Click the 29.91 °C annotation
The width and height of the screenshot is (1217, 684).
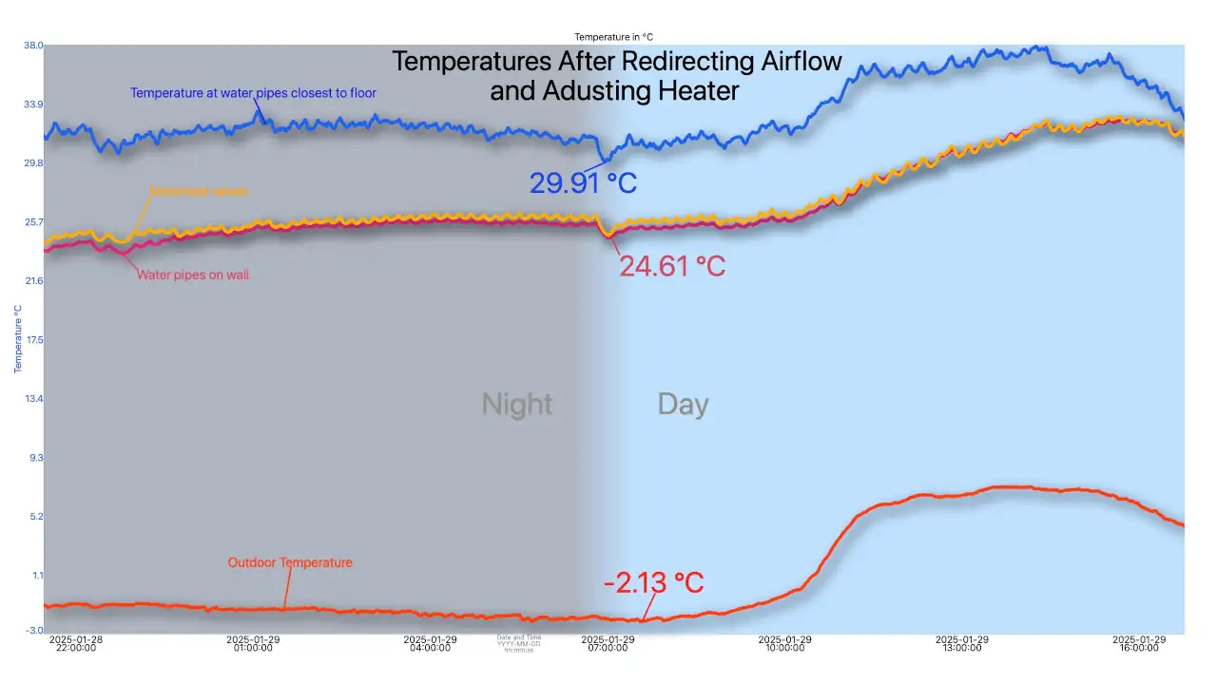click(x=583, y=182)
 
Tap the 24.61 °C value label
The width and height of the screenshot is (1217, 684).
click(x=672, y=266)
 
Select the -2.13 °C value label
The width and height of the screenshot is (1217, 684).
click(x=653, y=582)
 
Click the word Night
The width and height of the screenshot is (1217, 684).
click(x=517, y=405)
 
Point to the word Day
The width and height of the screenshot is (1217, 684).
click(x=683, y=405)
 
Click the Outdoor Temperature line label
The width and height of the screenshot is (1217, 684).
click(x=290, y=562)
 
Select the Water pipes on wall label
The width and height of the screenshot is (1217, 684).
click(x=193, y=275)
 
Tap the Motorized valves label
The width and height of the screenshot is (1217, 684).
click(x=199, y=192)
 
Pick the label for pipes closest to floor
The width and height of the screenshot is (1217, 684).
click(x=253, y=93)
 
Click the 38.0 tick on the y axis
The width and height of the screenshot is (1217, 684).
click(x=33, y=45)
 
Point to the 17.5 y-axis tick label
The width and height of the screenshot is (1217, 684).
click(x=33, y=340)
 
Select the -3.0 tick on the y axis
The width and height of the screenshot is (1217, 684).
click(x=33, y=630)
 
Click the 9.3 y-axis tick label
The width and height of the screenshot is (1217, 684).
click(x=35, y=458)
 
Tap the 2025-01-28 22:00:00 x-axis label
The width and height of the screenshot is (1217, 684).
click(x=76, y=644)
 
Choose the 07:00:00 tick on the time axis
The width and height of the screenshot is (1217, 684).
click(x=608, y=644)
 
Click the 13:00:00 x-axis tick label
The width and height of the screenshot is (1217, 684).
click(x=962, y=644)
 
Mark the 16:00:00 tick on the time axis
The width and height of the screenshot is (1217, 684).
click(x=1139, y=644)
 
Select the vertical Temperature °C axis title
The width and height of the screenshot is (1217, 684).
click(x=18, y=339)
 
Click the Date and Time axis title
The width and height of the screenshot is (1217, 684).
click(x=519, y=643)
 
